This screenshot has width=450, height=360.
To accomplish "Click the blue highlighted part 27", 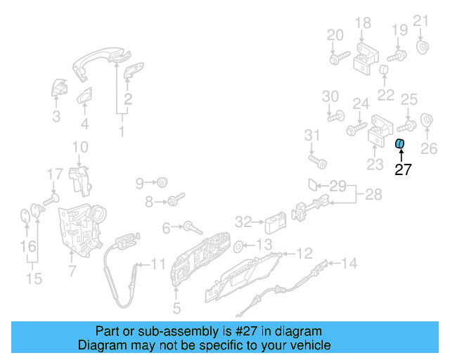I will (399, 144).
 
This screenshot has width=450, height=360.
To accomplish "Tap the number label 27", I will (402, 169).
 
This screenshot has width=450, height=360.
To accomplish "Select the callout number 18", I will (362, 24).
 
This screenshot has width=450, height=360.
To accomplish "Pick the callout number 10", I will (79, 147).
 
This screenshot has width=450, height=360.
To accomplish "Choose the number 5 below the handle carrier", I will (176, 307).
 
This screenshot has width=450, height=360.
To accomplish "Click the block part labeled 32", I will (273, 224).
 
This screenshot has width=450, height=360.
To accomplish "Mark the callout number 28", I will (373, 194).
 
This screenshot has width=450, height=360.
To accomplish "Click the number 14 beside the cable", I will (349, 264).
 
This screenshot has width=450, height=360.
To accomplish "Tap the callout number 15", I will (34, 279).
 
